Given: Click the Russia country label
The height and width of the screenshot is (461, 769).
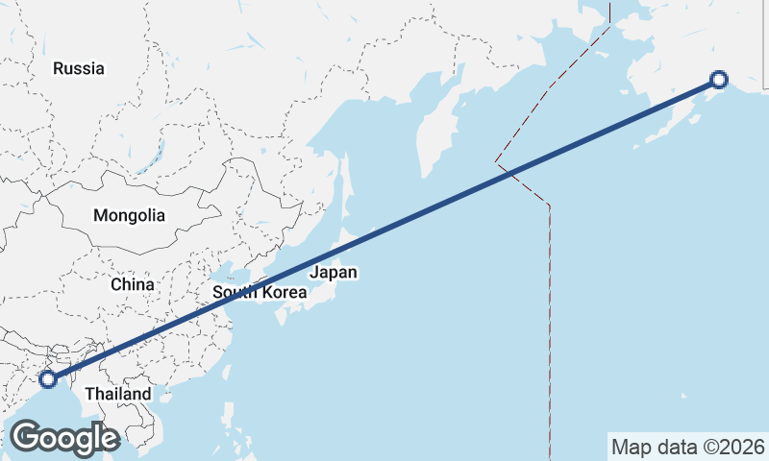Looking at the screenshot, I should click(79, 68).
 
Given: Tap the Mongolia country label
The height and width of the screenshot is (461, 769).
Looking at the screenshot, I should click(129, 216).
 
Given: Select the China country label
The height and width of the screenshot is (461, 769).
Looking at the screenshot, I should click(132, 284).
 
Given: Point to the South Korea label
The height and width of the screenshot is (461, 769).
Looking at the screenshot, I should click(260, 292).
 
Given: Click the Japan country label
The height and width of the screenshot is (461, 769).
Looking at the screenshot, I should click(334, 273).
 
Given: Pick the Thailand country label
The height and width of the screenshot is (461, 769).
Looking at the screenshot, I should click(117, 394).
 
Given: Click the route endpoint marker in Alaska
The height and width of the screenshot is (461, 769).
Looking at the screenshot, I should click(718, 80).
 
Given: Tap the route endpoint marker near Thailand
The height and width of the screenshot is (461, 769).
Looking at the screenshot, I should click(48, 379).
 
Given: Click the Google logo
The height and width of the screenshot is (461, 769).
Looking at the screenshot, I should click(64, 438).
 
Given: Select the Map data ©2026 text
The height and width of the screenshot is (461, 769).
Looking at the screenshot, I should click(688, 447).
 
